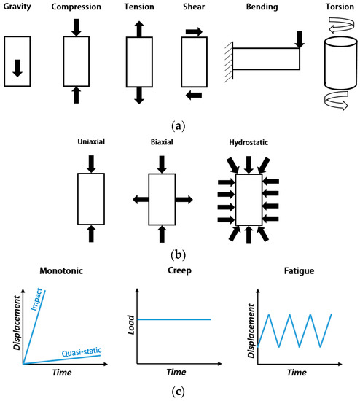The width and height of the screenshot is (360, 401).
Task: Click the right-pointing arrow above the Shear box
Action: tap(195, 32)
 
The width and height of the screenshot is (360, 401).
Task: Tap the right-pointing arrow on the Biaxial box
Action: tap(184, 199)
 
